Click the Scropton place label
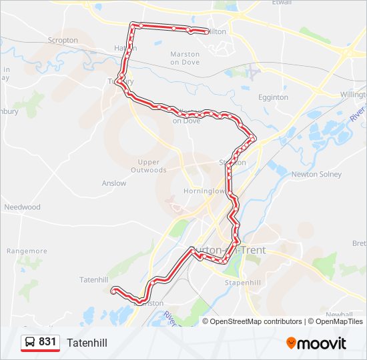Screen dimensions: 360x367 point(63,40)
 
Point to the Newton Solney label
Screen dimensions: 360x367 point(316,175)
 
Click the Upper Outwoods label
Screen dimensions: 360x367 point(149,166)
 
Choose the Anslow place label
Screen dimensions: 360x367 point(114,183)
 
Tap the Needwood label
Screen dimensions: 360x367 point(22,207)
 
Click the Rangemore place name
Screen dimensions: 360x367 point(27,251)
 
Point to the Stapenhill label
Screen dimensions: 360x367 point(242,283)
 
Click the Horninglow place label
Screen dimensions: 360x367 point(204,191)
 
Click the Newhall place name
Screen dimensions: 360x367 point(339,314)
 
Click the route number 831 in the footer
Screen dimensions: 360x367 point(47,342)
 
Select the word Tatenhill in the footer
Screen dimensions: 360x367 point(87,343)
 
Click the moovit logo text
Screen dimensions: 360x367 point(322,343)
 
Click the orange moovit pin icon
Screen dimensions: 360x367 point(291,343)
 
